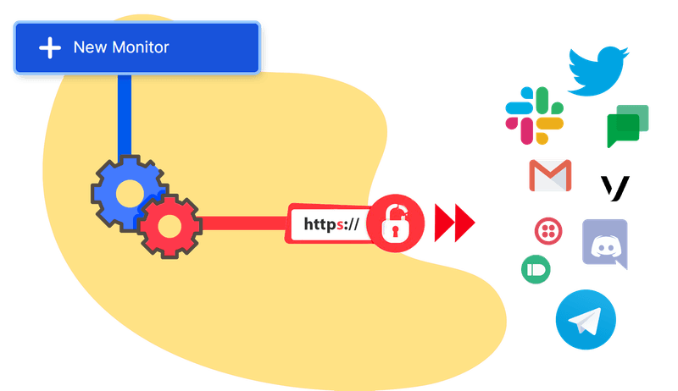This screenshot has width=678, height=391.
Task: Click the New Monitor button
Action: (x=136, y=47)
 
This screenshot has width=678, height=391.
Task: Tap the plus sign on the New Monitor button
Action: (x=51, y=47)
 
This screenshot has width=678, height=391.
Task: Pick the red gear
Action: (x=169, y=224)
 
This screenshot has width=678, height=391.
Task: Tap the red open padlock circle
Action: (x=396, y=224)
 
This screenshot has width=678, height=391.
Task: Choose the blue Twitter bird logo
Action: (x=598, y=70)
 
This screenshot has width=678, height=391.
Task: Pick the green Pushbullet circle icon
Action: (x=536, y=269)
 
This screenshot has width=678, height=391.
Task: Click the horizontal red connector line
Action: (x=246, y=224)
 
